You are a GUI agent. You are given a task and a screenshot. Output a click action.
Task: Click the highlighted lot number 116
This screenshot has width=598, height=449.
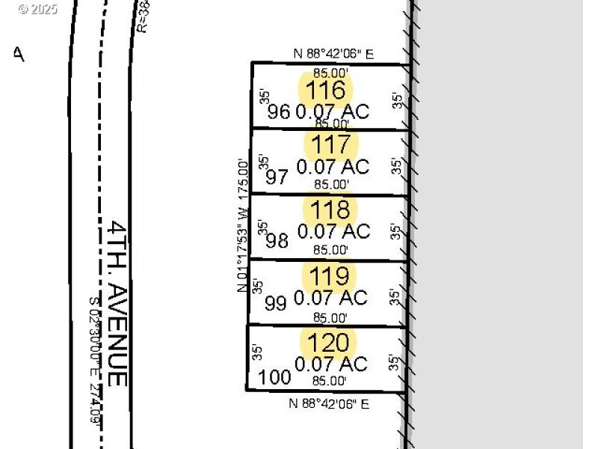[x=329, y=91]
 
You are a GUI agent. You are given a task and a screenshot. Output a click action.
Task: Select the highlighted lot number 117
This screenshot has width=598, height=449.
[x=330, y=144]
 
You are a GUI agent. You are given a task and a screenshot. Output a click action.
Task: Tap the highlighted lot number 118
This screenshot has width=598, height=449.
[x=330, y=209]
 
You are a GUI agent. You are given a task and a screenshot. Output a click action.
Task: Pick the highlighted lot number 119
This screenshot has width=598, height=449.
[x=330, y=275]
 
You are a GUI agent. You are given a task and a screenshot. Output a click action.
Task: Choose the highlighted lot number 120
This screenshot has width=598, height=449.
[x=329, y=343]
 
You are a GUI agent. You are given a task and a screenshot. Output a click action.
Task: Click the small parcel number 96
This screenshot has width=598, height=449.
[x=278, y=112]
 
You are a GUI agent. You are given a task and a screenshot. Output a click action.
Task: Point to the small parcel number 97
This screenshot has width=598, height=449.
[x=277, y=177]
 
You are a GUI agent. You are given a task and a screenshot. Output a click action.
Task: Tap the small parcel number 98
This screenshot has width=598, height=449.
[x=277, y=241]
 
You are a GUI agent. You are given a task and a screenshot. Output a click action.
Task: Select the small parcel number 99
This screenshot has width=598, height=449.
[x=276, y=304]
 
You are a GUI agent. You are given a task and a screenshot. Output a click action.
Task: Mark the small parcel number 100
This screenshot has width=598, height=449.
[x=274, y=377]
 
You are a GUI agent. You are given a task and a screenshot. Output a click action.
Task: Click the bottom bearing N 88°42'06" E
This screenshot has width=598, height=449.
[x=330, y=404]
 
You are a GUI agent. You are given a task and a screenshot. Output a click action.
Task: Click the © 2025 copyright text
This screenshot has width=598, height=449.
[x=37, y=9]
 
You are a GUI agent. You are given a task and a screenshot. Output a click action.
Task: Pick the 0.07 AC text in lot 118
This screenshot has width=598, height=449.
[x=333, y=231]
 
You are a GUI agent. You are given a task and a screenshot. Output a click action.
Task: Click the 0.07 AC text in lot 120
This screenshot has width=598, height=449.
[x=331, y=364]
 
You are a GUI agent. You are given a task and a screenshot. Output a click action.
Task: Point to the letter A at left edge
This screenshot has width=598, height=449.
[x=19, y=54]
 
